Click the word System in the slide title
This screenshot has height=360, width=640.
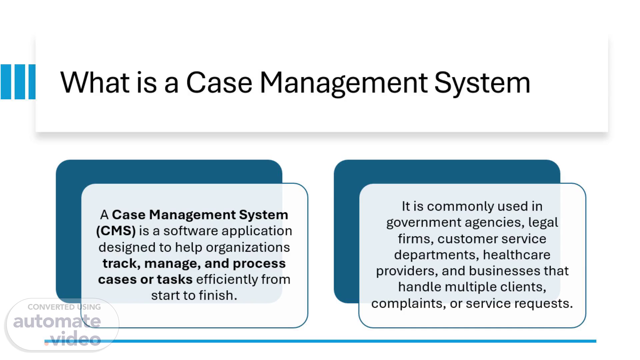[x=482, y=83]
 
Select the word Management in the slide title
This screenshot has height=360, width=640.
[x=343, y=83]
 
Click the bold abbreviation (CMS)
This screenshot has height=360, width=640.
[x=116, y=231]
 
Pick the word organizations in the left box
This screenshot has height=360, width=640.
[x=248, y=247]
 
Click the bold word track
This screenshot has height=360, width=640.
[x=119, y=263]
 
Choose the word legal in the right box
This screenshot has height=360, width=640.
[x=543, y=222]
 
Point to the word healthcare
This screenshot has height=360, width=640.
[x=516, y=255]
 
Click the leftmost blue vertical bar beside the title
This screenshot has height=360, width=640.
[x=6, y=82]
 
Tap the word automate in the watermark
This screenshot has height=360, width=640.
[x=57, y=321]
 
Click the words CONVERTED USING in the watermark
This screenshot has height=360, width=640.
[x=64, y=307]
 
